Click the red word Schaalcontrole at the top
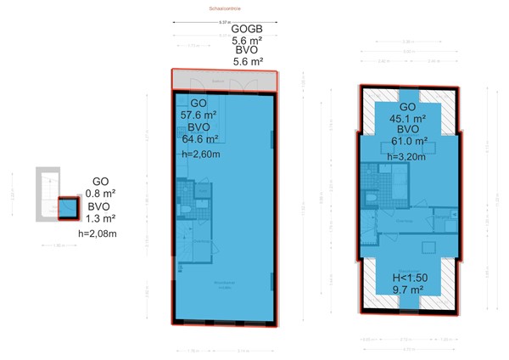pyautogui.click(x=224, y=9)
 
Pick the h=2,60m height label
pyautogui.click(x=201, y=154)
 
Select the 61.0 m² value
pyautogui.click(x=407, y=143)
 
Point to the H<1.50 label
pyautogui.click(x=409, y=277)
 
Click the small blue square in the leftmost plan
pyautogui.click(x=66, y=208)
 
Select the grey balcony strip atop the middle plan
pyautogui.click(x=224, y=79)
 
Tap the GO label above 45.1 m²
pyautogui.click(x=407, y=106)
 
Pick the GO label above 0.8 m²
pyautogui.click(x=100, y=180)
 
